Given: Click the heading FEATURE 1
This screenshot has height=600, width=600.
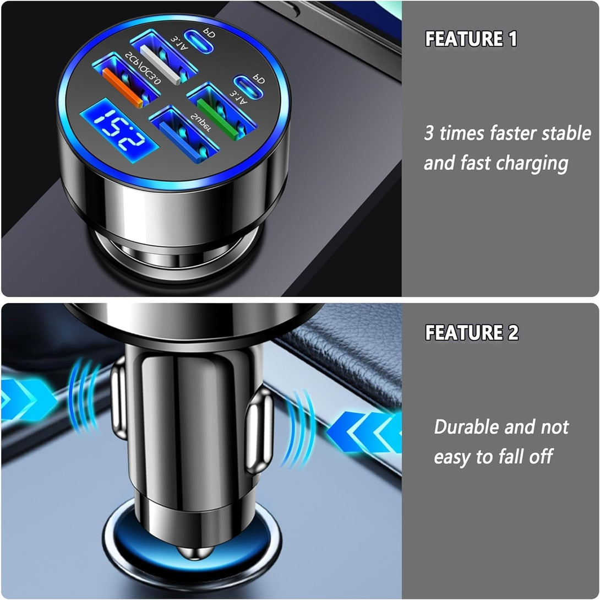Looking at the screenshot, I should pyautogui.click(x=471, y=39).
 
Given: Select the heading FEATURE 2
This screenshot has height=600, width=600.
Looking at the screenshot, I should pyautogui.click(x=472, y=332).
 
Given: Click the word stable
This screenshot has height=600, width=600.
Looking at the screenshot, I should pyautogui.click(x=567, y=133).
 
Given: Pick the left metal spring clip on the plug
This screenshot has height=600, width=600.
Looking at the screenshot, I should pyautogui.click(x=118, y=398).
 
